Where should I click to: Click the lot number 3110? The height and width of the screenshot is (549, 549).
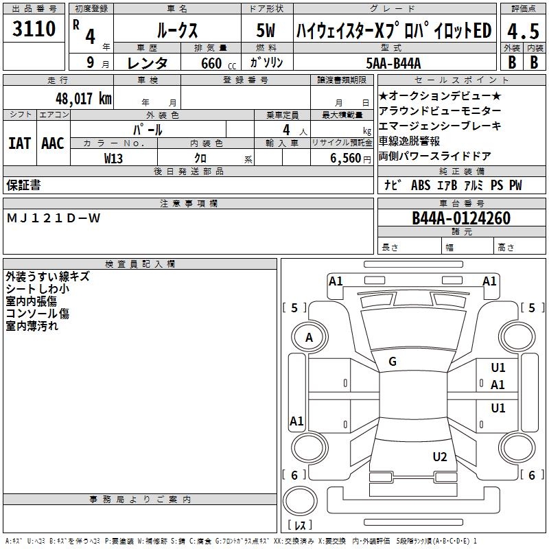34,30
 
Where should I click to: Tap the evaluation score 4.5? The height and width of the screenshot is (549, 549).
523,32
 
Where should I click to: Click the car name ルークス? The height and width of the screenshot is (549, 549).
176,31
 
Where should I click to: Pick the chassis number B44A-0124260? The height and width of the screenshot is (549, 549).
461,218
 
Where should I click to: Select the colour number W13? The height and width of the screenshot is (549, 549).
113,158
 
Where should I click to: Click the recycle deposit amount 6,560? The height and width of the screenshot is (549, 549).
345,158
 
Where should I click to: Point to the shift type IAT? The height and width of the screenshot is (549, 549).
19,143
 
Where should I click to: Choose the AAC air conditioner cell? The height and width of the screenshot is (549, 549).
53,143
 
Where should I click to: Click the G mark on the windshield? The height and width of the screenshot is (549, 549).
393,362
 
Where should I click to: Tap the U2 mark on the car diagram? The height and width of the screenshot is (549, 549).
440,457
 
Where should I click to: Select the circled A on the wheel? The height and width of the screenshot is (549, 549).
309,337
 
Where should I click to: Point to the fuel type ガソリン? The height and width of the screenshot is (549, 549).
266,63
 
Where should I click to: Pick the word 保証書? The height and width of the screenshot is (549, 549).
23,185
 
